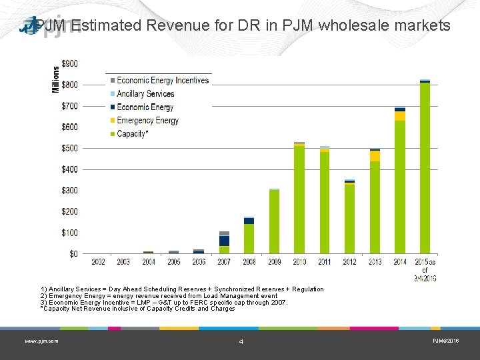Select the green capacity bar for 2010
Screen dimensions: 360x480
coord(299,200)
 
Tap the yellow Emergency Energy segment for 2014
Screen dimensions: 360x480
coord(400,116)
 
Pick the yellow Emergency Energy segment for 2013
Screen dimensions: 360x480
coord(375,156)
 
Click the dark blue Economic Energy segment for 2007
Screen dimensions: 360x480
coord(225,241)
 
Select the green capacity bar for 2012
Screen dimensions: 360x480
coord(349,219)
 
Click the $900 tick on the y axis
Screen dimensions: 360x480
coord(69,64)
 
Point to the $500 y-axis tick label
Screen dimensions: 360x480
coord(69,148)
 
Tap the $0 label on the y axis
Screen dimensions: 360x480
coord(73,254)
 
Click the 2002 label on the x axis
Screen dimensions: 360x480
coord(98,262)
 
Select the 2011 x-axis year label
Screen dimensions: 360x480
coord(324,262)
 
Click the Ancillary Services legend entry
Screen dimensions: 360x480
coord(145,94)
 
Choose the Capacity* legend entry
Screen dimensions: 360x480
coord(132,134)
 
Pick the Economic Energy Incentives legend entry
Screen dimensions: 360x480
coord(163,81)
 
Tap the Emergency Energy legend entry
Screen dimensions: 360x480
coord(147,121)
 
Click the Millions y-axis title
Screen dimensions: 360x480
coord(56,79)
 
